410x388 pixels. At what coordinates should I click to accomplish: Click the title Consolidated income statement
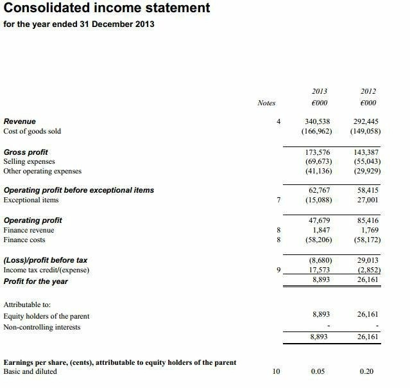105,8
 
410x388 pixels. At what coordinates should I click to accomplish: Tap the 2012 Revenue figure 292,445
366,121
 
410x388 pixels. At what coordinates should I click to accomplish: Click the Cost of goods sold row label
32,132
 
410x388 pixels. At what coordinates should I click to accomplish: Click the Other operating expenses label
43,172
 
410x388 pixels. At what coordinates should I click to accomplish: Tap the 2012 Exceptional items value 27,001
368,200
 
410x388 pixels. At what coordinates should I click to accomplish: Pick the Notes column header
266,103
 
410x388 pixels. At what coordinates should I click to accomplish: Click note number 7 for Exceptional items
278,200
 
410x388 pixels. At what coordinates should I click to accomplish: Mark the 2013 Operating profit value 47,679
317,220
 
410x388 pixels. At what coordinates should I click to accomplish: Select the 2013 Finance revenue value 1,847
321,230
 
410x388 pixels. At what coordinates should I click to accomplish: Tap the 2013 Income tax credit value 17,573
319,270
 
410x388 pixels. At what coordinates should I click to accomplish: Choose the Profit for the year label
36,281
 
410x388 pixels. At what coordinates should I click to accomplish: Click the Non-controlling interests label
42,327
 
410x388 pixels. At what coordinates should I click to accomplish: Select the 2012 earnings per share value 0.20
368,371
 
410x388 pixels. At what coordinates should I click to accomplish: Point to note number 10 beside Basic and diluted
277,371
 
